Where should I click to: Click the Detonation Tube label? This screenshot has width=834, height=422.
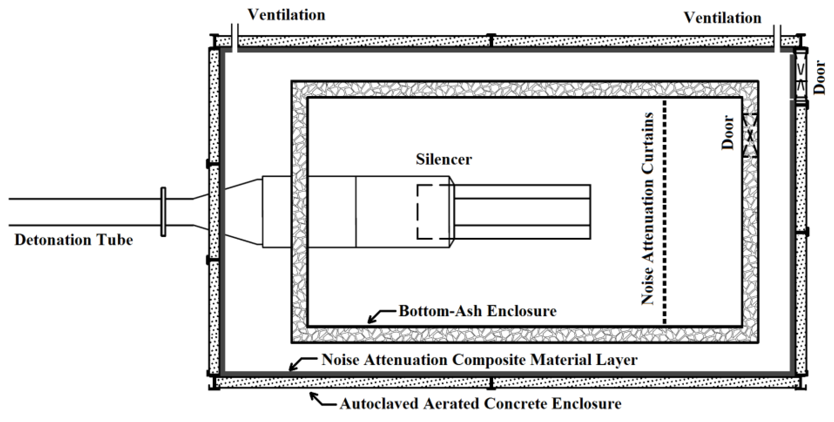coord(74,240)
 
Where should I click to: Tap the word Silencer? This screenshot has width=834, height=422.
coord(444,159)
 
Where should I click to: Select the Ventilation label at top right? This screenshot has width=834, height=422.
coord(722,18)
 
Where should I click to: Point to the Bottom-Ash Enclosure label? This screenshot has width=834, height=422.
coord(478,311)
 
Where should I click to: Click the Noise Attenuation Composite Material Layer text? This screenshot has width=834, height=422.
coord(479,360)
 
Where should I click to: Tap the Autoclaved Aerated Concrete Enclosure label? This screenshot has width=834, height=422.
coord(481,404)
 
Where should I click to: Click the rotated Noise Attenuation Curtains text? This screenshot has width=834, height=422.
coord(647,209)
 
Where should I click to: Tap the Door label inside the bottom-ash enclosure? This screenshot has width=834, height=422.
coord(728,132)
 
